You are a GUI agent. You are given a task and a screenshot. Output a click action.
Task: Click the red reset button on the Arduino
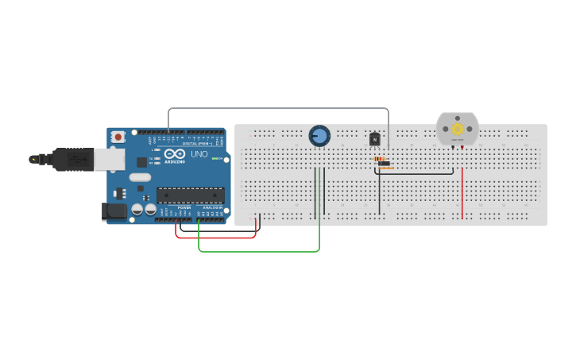point(118,137)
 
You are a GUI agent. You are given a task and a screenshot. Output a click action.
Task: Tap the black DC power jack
point(114,211)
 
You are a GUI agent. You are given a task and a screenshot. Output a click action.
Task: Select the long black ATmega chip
point(190,195)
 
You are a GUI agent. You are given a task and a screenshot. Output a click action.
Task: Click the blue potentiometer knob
point(319,136)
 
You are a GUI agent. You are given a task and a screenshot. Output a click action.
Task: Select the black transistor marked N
point(375,139)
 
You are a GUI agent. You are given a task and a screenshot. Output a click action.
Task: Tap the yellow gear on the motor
point(458,129)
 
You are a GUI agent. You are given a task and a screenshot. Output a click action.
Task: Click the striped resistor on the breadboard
point(383,158)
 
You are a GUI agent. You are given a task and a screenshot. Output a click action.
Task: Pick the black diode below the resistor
point(384,164)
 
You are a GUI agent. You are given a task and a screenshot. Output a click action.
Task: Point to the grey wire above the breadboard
point(278,108)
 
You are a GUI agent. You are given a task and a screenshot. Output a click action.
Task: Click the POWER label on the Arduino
point(184,207)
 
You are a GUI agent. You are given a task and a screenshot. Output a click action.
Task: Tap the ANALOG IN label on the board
point(211,207)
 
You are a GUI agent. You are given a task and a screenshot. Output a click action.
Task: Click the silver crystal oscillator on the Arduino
point(140,177)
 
